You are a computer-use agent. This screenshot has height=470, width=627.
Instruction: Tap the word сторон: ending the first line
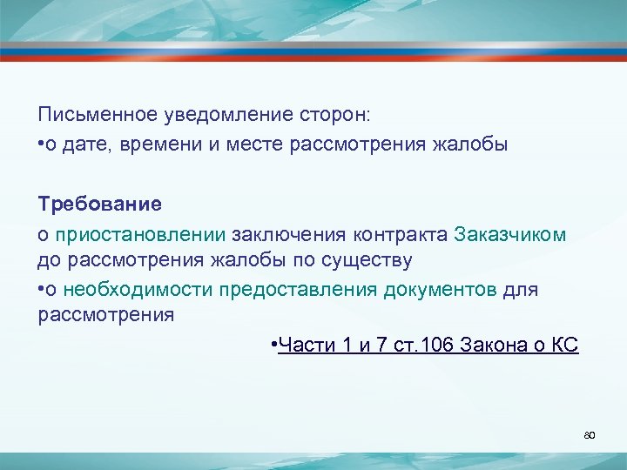(x=334, y=115)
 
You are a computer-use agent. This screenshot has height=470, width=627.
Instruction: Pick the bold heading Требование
(x=99, y=205)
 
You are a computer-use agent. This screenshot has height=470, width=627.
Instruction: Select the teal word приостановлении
(x=140, y=233)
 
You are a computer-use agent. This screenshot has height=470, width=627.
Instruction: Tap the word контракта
(x=400, y=233)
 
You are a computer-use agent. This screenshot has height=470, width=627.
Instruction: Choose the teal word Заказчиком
(x=509, y=233)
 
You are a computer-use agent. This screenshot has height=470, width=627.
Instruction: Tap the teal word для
(x=521, y=288)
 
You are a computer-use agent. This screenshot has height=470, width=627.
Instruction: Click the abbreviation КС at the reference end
(x=565, y=346)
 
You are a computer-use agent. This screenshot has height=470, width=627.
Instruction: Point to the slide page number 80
(x=589, y=433)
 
